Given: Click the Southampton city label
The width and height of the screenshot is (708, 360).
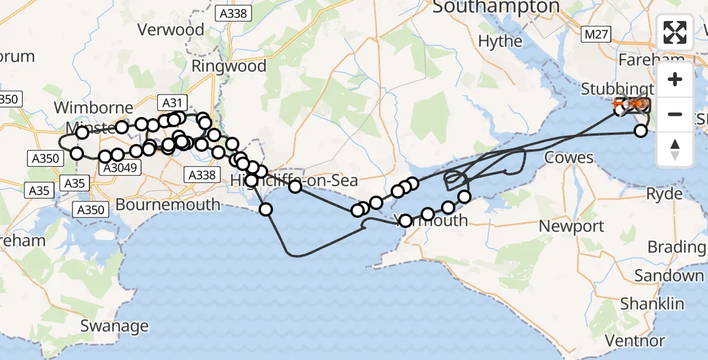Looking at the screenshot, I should [x=495, y=7].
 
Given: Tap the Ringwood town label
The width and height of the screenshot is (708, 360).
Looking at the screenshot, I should [x=229, y=66].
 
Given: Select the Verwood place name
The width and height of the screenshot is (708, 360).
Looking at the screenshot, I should [x=171, y=29].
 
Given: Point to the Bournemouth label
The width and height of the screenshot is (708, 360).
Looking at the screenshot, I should [x=168, y=205].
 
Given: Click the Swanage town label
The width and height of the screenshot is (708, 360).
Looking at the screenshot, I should [x=114, y=326].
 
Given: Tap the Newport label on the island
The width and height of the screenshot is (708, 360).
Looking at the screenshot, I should [x=571, y=226].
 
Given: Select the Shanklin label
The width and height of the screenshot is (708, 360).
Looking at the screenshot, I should [x=652, y=304].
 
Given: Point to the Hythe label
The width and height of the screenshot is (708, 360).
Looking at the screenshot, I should [x=501, y=41].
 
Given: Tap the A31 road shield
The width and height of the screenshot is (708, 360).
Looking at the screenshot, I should [x=172, y=103].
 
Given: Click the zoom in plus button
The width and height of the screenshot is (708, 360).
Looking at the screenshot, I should [x=675, y=79].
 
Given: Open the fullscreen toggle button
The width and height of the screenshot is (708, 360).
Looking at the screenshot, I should [x=675, y=32].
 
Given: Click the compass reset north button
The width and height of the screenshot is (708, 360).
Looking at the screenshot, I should [x=675, y=149].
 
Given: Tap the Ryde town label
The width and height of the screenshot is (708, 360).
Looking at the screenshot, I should [x=664, y=194].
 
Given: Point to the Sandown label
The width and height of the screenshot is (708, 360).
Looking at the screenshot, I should [x=669, y=275].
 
